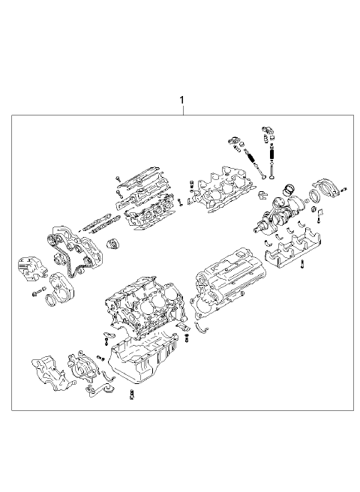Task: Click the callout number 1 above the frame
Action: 181,100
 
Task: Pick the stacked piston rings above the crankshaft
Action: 289,189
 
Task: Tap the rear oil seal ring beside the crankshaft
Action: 314,195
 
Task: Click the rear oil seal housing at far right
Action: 327,188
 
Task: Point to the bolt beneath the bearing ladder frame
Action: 302,264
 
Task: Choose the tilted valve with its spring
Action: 256,163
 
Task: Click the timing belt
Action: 75,251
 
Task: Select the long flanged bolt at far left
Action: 39,292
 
